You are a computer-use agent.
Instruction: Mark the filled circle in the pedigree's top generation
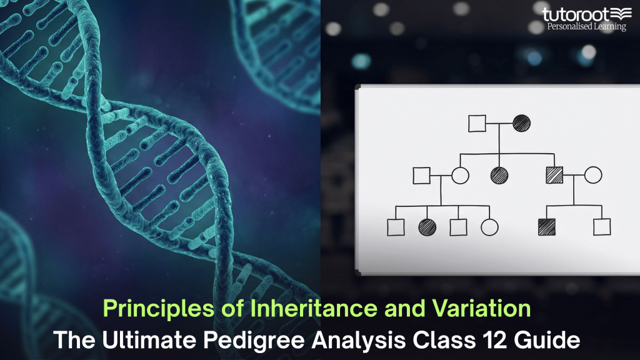point(521,123)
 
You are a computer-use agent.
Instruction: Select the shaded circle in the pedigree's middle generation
point(499,176)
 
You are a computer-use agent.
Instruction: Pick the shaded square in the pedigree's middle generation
point(554,176)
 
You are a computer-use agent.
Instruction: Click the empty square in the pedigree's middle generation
point(422,176)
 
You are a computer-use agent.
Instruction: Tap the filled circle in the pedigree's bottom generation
point(427,227)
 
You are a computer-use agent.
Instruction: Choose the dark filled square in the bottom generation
point(547,227)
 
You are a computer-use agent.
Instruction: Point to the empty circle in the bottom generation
point(489,227)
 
